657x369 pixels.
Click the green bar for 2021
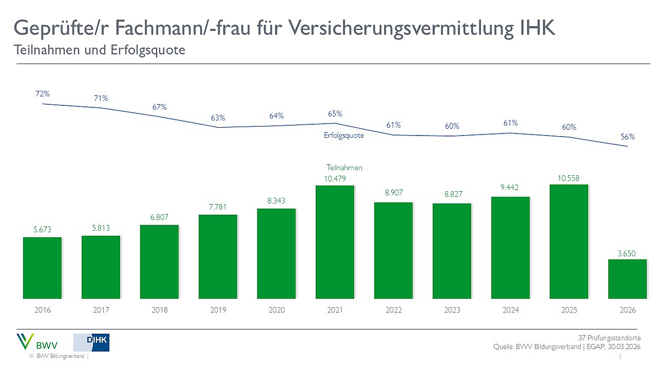coord(335,242)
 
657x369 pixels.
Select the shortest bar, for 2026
coord(628,279)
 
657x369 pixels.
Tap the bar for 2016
coord(42,268)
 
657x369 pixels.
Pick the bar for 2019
coord(218,256)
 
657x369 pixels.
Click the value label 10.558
coord(569,178)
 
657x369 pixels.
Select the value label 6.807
coord(159,218)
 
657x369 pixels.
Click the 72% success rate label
coord(43,93)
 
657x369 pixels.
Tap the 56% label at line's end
coord(628,137)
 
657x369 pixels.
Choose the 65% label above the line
coord(335,114)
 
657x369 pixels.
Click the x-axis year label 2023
coord(452,310)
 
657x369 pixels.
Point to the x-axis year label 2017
coord(101,310)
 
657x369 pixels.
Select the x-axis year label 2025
coord(569,310)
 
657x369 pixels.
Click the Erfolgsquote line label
coord(343,136)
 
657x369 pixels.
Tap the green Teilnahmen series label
coord(344,168)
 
